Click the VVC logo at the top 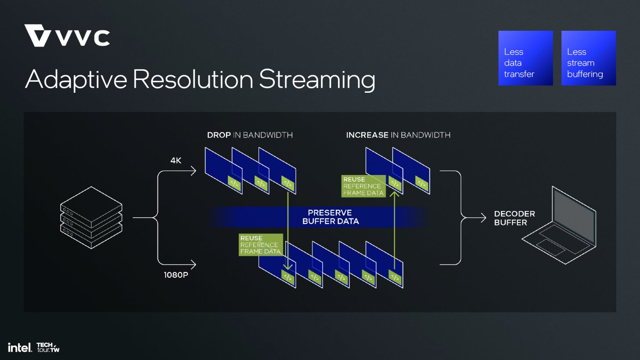[67, 36]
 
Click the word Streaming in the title [316, 80]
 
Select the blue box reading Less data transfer [525, 58]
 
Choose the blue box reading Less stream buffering [588, 58]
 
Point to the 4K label [176, 161]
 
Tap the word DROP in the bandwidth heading [219, 135]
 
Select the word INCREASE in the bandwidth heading [367, 135]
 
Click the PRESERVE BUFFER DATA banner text [330, 217]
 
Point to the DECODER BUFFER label [514, 218]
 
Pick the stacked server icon [91, 218]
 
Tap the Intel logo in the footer [20, 347]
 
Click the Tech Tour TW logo [48, 347]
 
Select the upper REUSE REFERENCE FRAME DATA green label [363, 186]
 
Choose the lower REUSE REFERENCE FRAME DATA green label [260, 245]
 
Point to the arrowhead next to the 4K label [193, 171]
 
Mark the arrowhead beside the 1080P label [193, 265]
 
